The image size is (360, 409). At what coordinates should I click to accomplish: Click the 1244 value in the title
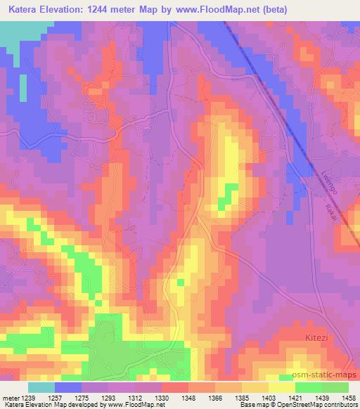[117, 8]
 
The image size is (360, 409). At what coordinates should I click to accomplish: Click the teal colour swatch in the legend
[41, 387]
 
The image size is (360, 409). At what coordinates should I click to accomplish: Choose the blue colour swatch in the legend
[68, 387]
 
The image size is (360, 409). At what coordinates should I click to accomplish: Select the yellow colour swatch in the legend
[282, 387]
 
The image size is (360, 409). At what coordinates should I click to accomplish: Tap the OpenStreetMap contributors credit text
[323, 405]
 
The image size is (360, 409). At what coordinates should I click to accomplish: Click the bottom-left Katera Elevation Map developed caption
[77, 405]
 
